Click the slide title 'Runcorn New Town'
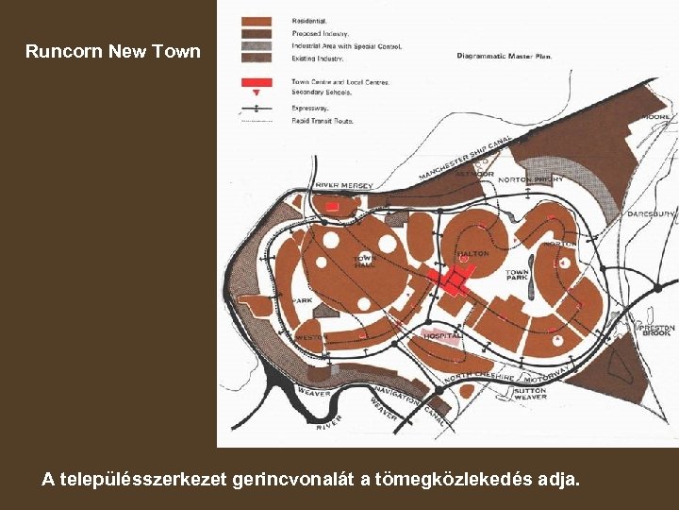click(x=113, y=51)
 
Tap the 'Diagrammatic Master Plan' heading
click(x=505, y=56)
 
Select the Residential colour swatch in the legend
click(x=257, y=21)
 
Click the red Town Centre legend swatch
click(x=257, y=82)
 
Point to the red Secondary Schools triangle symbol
click(x=257, y=94)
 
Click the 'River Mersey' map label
click(x=343, y=185)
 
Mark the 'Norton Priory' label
click(x=530, y=179)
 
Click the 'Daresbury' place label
click(x=651, y=214)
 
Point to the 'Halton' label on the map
click(x=472, y=253)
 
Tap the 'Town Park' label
click(x=518, y=276)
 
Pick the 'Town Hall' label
click(x=365, y=261)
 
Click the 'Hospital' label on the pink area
click(x=442, y=335)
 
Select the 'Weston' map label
click(x=310, y=337)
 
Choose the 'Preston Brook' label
click(x=657, y=331)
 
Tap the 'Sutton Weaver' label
click(x=530, y=393)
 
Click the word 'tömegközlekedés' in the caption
click(x=439, y=480)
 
